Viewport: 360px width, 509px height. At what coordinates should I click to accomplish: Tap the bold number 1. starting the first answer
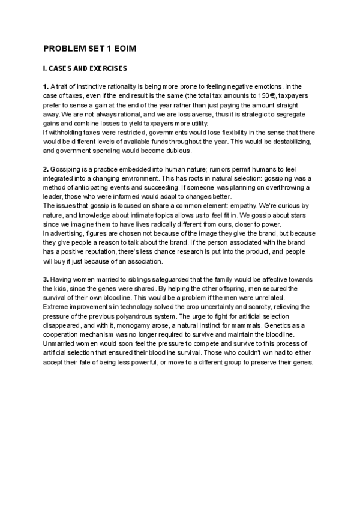(x=46, y=87)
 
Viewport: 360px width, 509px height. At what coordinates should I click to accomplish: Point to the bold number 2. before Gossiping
(x=46, y=170)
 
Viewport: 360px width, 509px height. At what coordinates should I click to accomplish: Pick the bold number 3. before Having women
(x=46, y=280)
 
